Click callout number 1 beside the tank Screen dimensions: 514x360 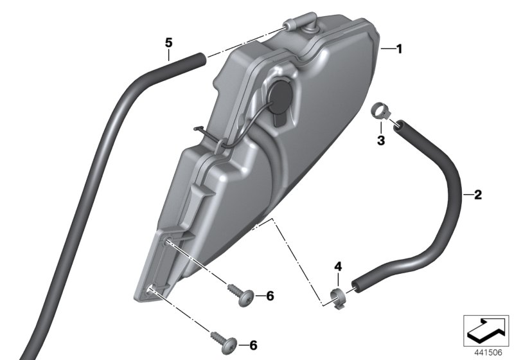click(398, 50)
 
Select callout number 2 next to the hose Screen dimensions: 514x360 click(478, 195)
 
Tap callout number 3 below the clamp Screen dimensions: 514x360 click(380, 140)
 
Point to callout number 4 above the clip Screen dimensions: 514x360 click(338, 267)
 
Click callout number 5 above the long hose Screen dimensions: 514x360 click(168, 42)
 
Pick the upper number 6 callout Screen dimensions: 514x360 click(270, 296)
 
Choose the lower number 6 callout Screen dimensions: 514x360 click(253, 345)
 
